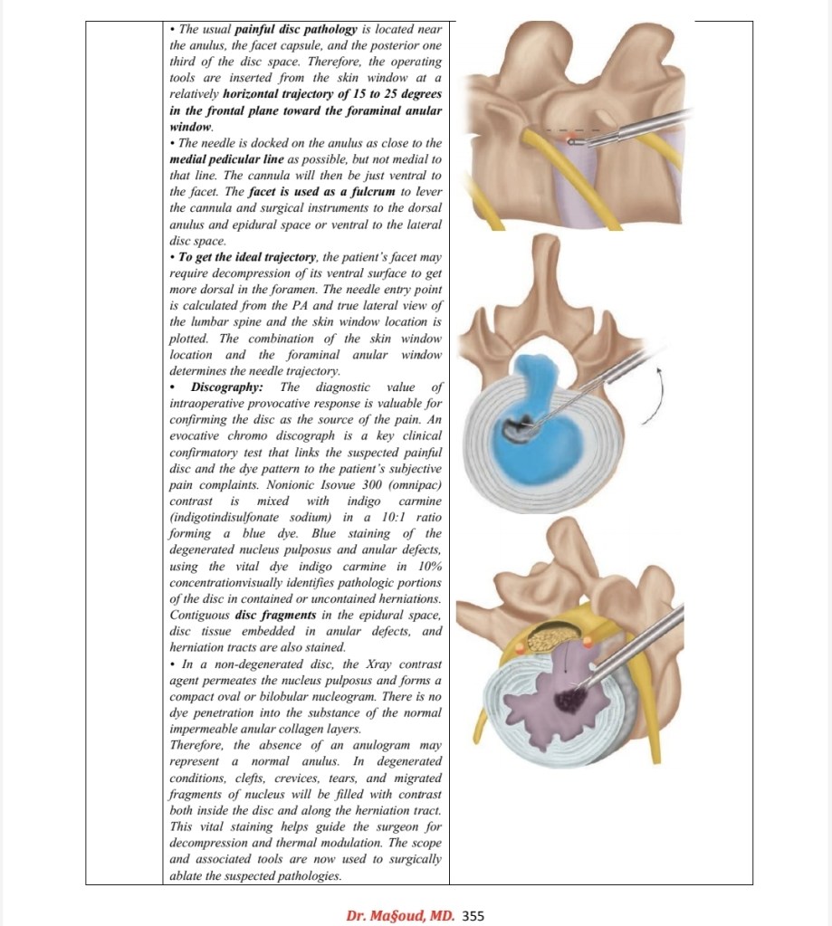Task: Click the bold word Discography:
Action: pos(226,387)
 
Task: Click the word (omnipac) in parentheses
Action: pos(413,484)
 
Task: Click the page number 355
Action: pos(474,915)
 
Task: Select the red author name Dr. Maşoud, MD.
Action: pos(400,915)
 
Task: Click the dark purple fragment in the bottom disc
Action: pos(570,699)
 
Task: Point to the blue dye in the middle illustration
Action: pos(543,425)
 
